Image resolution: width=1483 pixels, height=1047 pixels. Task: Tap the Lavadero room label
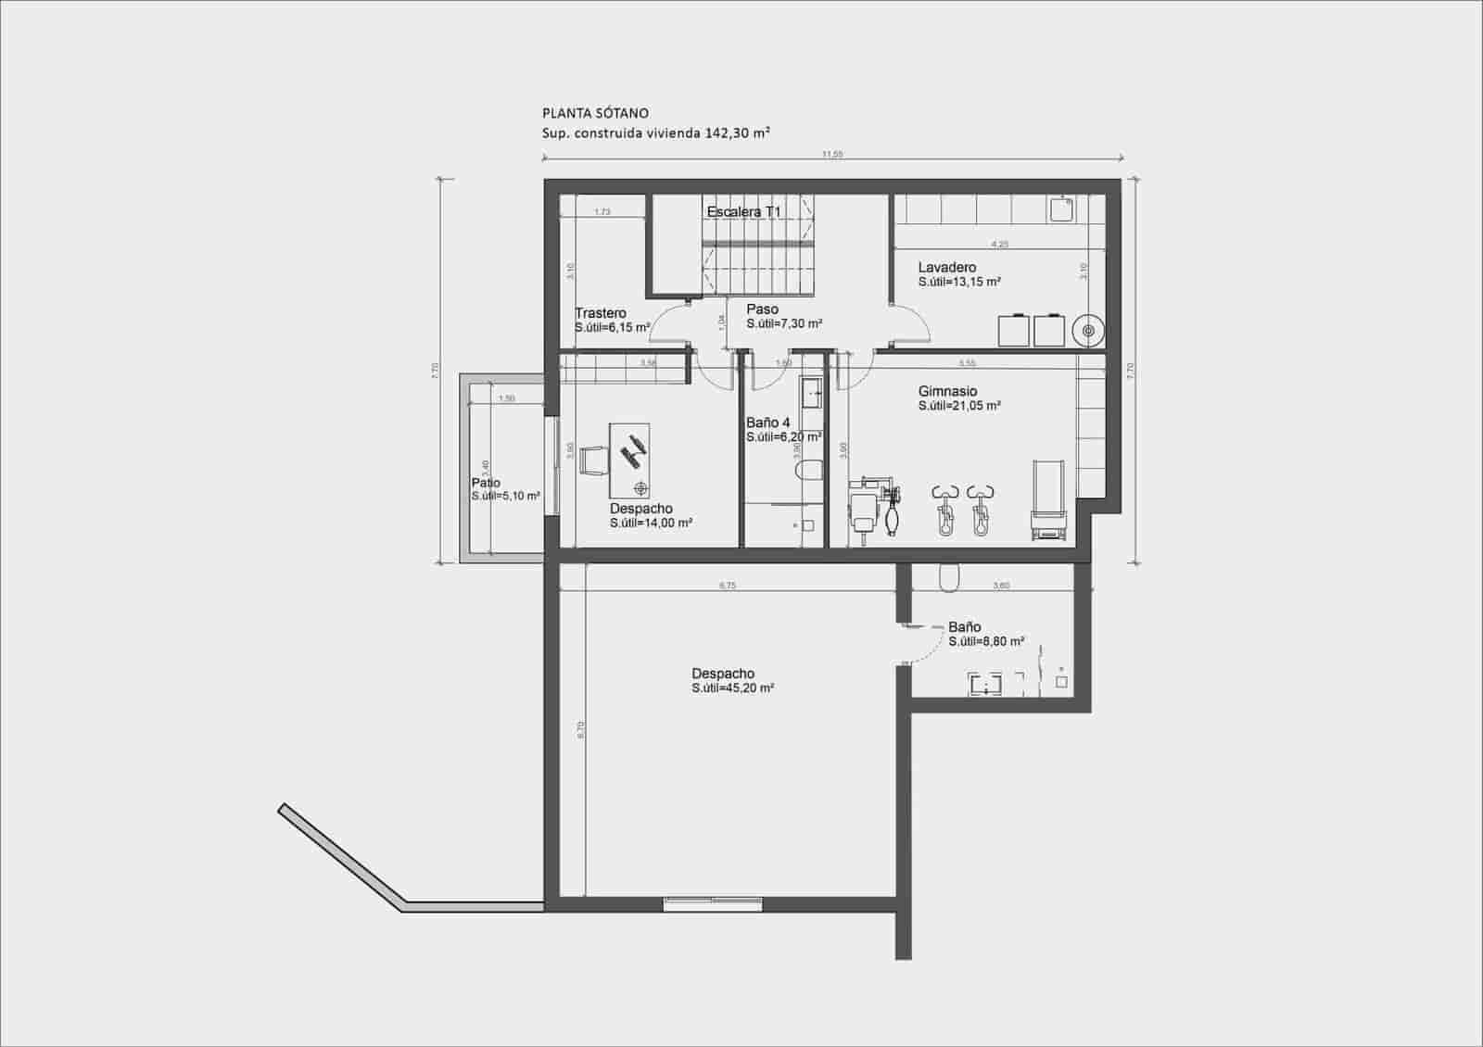point(946,268)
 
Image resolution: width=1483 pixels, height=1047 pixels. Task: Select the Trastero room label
point(600,313)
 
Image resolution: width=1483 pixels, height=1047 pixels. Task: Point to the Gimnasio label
point(947,392)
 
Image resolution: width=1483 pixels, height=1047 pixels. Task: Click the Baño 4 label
point(767,423)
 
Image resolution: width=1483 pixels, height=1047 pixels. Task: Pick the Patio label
point(486,483)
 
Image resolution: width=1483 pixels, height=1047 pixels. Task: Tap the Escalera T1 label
point(744,212)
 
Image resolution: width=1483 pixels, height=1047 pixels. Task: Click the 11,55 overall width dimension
point(832,155)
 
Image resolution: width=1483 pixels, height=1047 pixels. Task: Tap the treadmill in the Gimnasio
point(1048,499)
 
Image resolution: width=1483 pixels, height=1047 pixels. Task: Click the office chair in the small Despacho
point(592,460)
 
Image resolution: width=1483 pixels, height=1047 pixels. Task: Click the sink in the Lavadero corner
point(1061,210)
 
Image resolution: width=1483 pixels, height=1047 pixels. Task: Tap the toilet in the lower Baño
point(949,579)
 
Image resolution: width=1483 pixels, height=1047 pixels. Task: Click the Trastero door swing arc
point(667,322)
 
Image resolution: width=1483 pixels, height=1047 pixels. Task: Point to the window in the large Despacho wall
point(714,903)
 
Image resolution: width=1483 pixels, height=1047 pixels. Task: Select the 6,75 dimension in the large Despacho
point(728,586)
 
